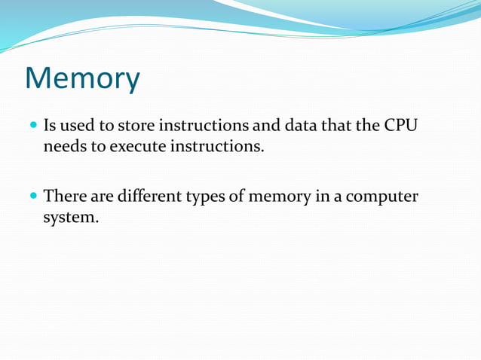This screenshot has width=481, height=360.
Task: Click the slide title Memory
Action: pos(82,78)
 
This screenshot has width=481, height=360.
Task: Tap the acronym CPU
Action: pos(400,124)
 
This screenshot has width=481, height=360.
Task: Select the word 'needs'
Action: pos(64,145)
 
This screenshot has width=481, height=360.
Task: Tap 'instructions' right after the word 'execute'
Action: pos(218,145)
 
